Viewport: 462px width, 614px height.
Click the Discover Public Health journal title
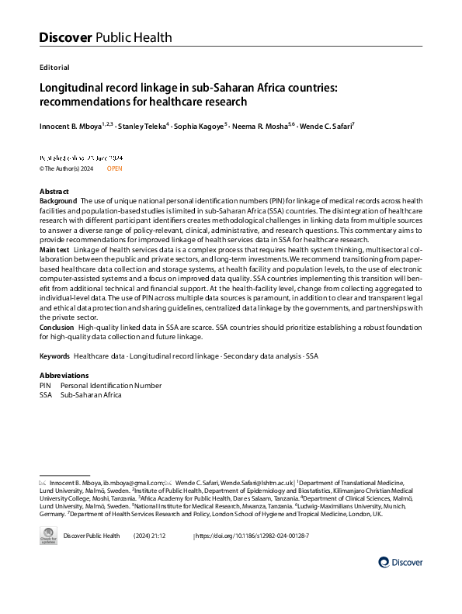(x=106, y=37)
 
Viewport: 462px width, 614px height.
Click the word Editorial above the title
(x=54, y=68)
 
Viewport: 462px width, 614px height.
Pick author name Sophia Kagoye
(x=201, y=125)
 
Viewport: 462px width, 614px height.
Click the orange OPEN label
(x=114, y=168)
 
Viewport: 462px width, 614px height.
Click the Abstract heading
(x=54, y=192)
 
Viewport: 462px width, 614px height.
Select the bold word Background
(x=58, y=200)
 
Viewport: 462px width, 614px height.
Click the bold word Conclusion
(x=57, y=328)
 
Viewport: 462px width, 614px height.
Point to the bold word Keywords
(x=55, y=356)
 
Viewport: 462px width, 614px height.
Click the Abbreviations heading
(x=64, y=376)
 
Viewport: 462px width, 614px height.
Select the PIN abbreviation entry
(x=46, y=385)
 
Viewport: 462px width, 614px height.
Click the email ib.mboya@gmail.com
(x=135, y=482)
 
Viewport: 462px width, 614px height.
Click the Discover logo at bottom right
(x=401, y=562)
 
